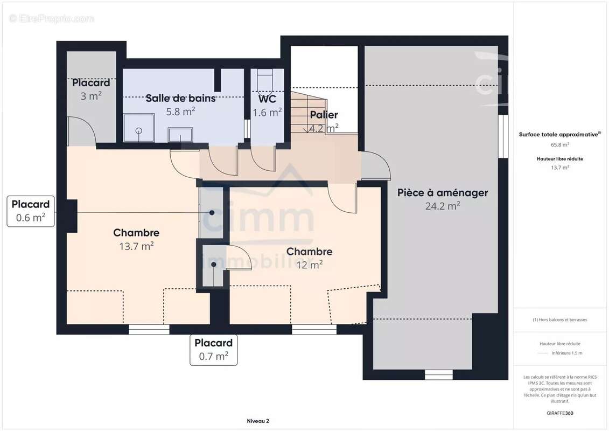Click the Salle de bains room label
coord(180,99)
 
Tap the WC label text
coord(267,99)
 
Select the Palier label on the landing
coord(324,115)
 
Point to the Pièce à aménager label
coord(443,193)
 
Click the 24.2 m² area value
coord(443,206)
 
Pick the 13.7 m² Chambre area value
coord(136,246)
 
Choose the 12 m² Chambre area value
coord(309,265)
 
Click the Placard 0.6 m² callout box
coord(31,211)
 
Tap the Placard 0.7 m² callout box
coord(214,350)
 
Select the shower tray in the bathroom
coord(139,128)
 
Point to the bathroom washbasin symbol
coord(180,135)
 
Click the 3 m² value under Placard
coord(91,95)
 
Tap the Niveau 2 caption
coord(258,421)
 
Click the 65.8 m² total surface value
coord(559,144)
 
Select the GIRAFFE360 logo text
coord(559,413)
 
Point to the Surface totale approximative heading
coord(559,135)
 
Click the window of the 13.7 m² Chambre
coord(149,330)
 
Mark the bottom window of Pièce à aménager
coord(438,374)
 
